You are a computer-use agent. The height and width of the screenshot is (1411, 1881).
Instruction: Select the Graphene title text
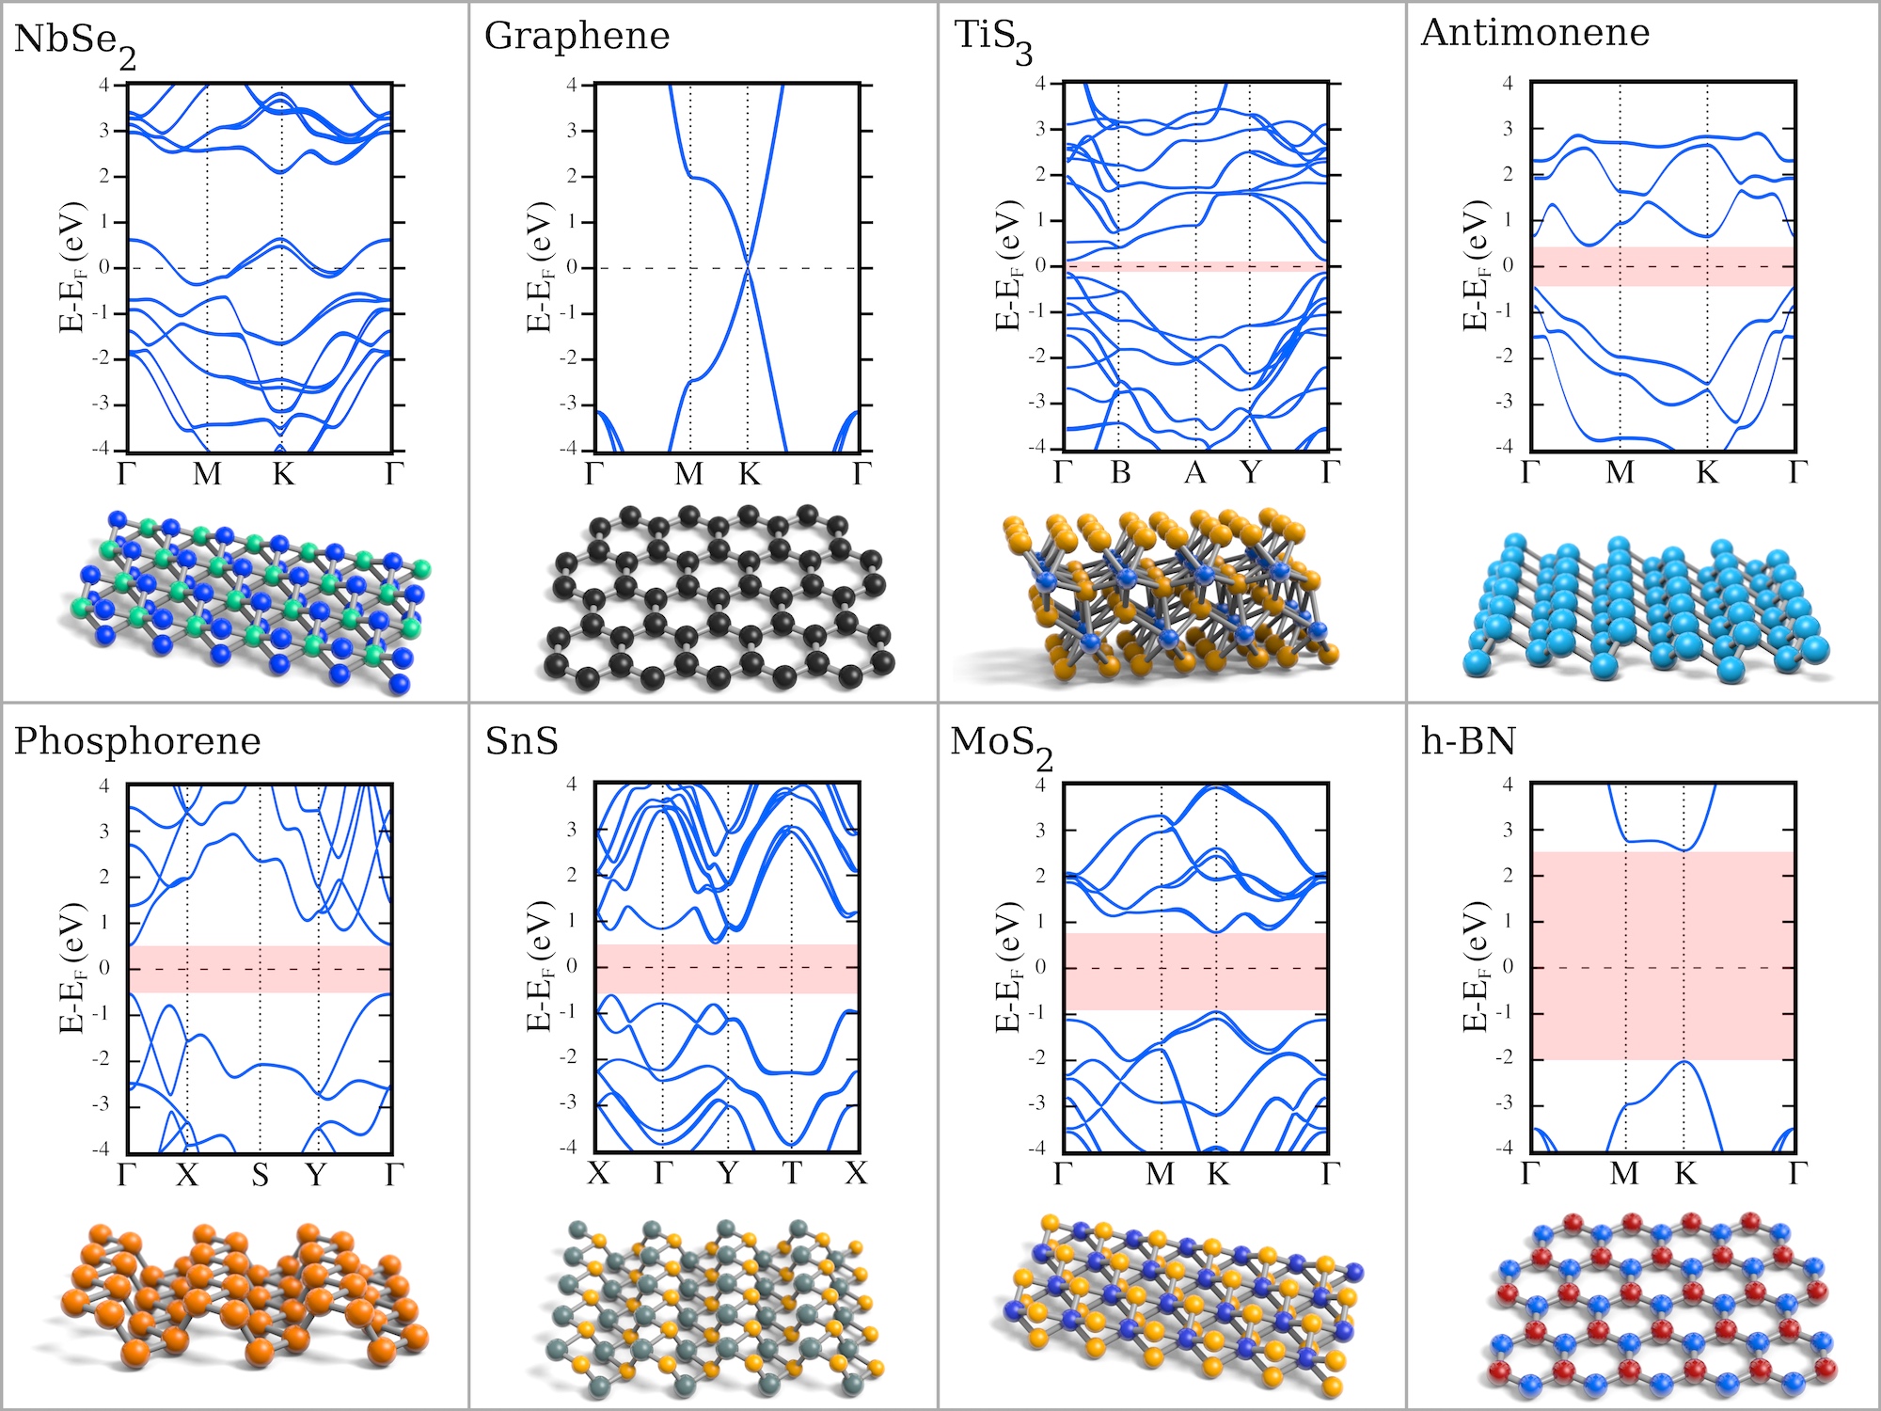tap(577, 37)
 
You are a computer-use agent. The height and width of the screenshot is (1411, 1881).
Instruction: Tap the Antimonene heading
tap(1535, 33)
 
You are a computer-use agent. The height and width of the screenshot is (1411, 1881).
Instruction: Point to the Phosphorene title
tap(137, 741)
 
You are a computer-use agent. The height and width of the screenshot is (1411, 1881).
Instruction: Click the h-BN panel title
tap(1468, 741)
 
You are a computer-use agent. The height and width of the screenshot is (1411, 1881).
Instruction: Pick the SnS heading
tap(521, 741)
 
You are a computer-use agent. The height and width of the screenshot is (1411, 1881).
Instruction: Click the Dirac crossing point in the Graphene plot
tap(748, 268)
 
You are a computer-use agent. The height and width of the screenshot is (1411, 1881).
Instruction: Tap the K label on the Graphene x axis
tap(749, 474)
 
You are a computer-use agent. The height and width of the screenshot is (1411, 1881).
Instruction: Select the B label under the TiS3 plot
tap(1120, 472)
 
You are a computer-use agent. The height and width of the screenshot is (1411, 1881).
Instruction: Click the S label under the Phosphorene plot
tap(261, 1175)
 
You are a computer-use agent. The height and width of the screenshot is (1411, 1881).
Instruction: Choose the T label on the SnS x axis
tap(793, 1173)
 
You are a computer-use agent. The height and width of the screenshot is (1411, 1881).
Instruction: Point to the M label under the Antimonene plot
tap(1620, 472)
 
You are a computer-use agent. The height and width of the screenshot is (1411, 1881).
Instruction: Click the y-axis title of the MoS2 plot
tap(1007, 967)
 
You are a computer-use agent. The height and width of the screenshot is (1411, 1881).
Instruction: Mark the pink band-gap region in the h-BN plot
tap(1663, 955)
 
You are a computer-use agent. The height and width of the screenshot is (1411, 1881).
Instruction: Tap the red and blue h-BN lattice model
tap(1660, 1303)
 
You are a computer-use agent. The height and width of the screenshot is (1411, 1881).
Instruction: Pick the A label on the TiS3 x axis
tap(1194, 472)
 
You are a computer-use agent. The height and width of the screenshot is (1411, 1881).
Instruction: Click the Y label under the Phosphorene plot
tap(317, 1175)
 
